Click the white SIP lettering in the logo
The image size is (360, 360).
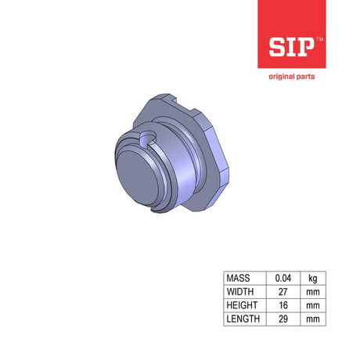pos(291,47)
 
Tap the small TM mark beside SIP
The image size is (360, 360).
pos(320,39)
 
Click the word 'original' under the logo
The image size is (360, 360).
pos(280,77)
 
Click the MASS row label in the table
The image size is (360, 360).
pos(238,278)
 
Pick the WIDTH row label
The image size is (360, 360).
pos(240,292)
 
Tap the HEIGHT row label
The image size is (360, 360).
pos(242,305)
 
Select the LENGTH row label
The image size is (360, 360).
pos(243,319)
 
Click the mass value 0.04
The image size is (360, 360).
pos(283,278)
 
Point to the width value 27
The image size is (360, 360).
pos(283,292)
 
